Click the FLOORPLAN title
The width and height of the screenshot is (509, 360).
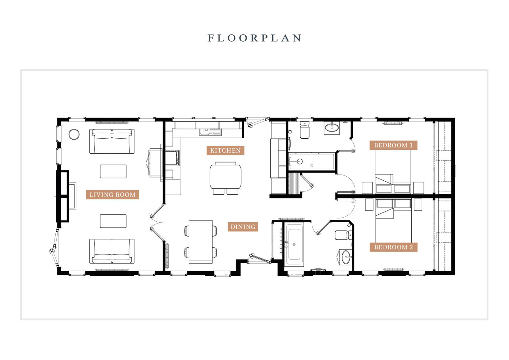tap(254, 38)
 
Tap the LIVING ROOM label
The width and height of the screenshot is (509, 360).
tap(113, 195)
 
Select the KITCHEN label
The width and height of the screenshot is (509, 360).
tap(226, 150)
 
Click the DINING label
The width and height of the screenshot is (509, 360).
tap(243, 227)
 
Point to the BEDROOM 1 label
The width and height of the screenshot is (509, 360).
tap(393, 145)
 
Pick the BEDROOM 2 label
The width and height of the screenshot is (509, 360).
tap(393, 247)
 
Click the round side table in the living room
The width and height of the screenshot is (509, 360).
tap(74, 134)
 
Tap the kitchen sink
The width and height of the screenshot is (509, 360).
tap(210, 132)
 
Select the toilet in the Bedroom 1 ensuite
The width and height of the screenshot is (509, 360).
tap(304, 130)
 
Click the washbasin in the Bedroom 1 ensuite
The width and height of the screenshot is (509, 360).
tap(332, 128)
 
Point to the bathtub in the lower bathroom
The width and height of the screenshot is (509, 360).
tap(294, 244)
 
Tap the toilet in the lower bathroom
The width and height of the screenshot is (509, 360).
tap(343, 235)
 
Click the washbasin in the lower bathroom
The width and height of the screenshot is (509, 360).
tap(346, 257)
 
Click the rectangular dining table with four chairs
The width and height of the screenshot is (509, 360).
tap(201, 242)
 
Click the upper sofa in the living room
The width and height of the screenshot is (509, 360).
tap(112, 141)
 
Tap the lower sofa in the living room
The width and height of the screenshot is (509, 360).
tap(112, 251)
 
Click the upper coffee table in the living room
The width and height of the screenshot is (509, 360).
tap(113, 171)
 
